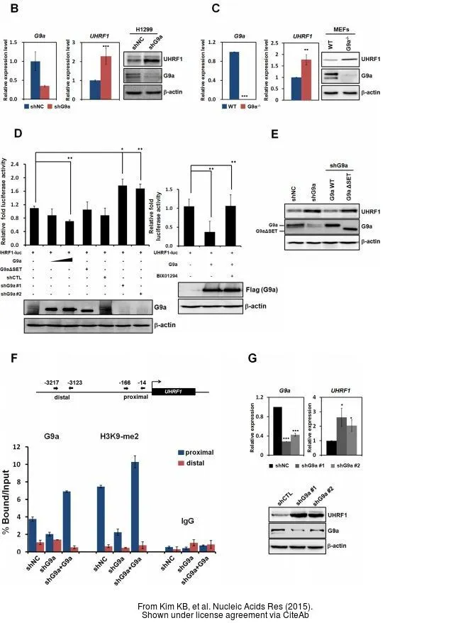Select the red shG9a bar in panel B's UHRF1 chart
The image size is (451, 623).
click(x=106, y=78)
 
